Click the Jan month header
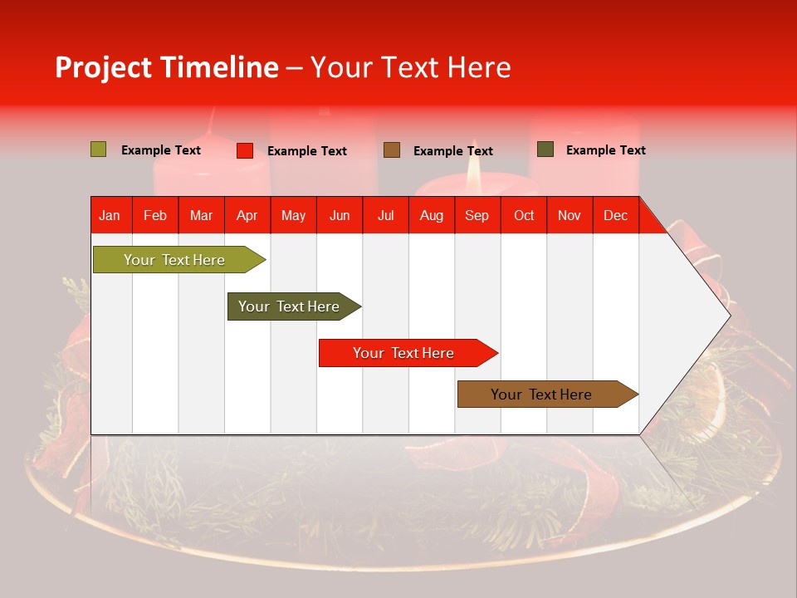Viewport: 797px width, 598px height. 110,215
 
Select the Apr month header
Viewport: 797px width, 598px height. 247,215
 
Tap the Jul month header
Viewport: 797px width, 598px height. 385,215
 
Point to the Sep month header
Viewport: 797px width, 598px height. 477,215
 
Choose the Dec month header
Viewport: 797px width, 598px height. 615,215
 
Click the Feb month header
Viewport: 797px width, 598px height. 155,215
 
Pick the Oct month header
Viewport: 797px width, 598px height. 524,215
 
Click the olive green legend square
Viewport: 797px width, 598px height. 99,149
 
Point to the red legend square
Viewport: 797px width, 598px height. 245,150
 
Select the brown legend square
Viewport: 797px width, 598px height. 392,149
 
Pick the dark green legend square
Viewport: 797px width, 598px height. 545,149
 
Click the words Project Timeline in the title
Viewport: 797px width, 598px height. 167,67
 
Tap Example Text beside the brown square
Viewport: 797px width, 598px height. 453,150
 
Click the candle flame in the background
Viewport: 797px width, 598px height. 473,169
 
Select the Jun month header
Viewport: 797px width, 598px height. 340,215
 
